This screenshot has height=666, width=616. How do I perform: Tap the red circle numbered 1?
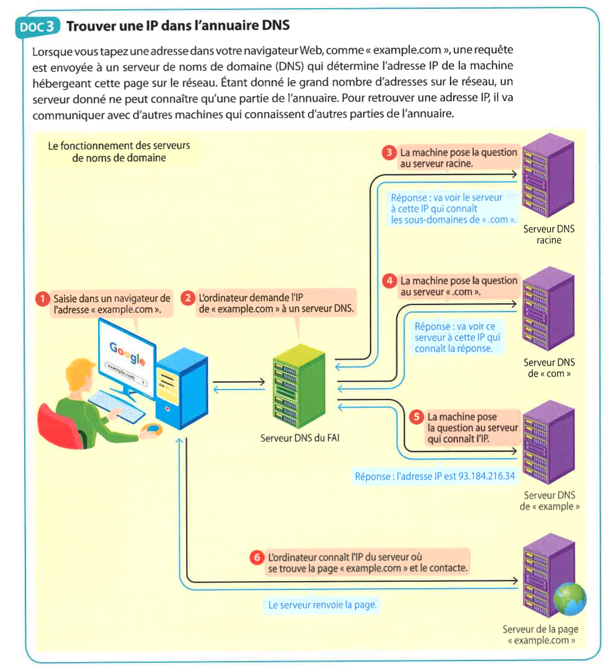coord(43,299)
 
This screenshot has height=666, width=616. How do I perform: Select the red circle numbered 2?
coord(188,298)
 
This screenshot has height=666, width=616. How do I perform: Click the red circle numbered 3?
coord(389,152)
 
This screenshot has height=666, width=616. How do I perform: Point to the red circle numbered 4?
coord(390,280)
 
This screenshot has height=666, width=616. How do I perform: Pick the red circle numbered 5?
coord(417,417)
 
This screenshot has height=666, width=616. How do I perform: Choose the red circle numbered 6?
coord(257,557)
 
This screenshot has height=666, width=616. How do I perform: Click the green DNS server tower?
coord(298,387)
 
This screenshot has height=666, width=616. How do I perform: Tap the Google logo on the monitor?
coord(128,353)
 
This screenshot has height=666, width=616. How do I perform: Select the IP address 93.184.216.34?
coord(486,476)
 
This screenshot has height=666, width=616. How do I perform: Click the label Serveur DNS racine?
coord(549,235)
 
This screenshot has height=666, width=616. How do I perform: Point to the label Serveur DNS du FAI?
coord(300,438)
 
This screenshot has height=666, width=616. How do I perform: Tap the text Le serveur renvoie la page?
coord(322,605)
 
